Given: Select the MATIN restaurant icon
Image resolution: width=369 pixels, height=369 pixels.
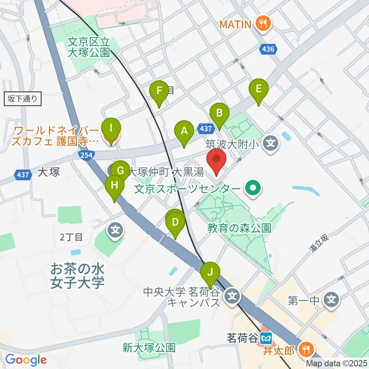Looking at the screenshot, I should pyautogui.click(x=263, y=25).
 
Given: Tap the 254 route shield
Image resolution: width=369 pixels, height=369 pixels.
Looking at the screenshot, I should pyautogui.click(x=85, y=155).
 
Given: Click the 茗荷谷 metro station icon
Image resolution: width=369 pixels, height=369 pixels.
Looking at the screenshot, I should pyautogui.click(x=266, y=338).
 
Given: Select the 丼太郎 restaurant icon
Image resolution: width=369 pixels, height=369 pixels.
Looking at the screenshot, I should pyautogui.click(x=306, y=350).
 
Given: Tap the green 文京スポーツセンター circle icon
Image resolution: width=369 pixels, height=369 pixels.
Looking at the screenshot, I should pyautogui.click(x=253, y=188).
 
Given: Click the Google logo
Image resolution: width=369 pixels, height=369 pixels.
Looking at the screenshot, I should pyautogui.click(x=26, y=360).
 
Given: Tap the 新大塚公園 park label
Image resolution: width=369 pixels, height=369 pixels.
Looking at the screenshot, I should pyautogui.click(x=149, y=348).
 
